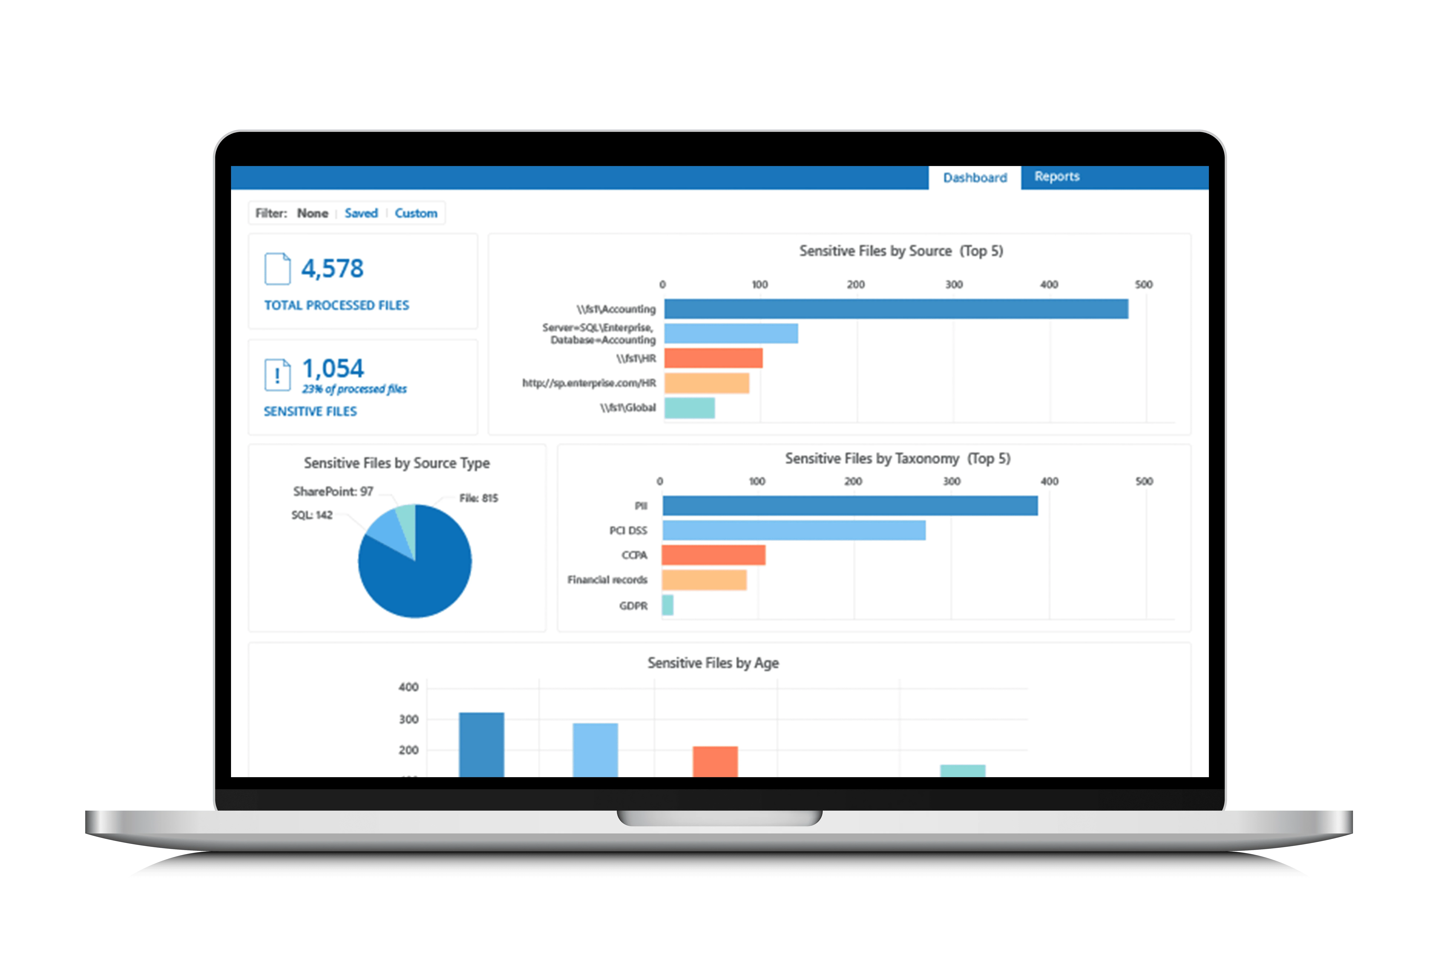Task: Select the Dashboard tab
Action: pyautogui.click(x=975, y=178)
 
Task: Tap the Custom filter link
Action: pyautogui.click(x=416, y=213)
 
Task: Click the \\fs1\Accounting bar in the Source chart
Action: pyautogui.click(x=896, y=308)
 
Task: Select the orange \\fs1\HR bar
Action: pyautogui.click(x=713, y=358)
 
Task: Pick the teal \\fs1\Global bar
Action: pyautogui.click(x=689, y=408)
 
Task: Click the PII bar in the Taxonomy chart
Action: pyautogui.click(x=850, y=506)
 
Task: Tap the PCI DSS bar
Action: pyautogui.click(x=794, y=530)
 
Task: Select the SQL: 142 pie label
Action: pyautogui.click(x=312, y=515)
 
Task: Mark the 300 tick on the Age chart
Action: pyautogui.click(x=408, y=719)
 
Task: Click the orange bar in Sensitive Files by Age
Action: pyautogui.click(x=715, y=762)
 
